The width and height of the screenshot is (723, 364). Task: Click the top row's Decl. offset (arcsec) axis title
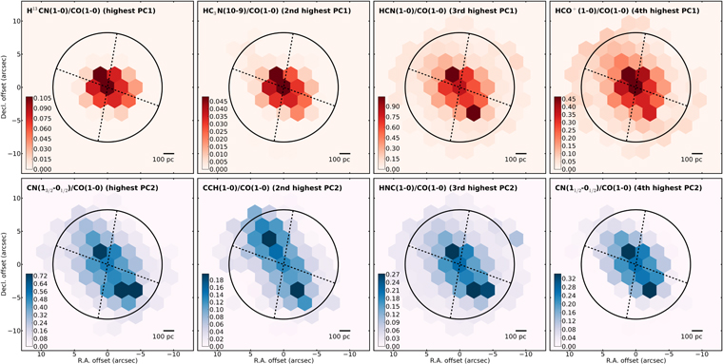tap(8, 90)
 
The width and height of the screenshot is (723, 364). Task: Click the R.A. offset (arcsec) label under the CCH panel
tap(282, 359)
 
